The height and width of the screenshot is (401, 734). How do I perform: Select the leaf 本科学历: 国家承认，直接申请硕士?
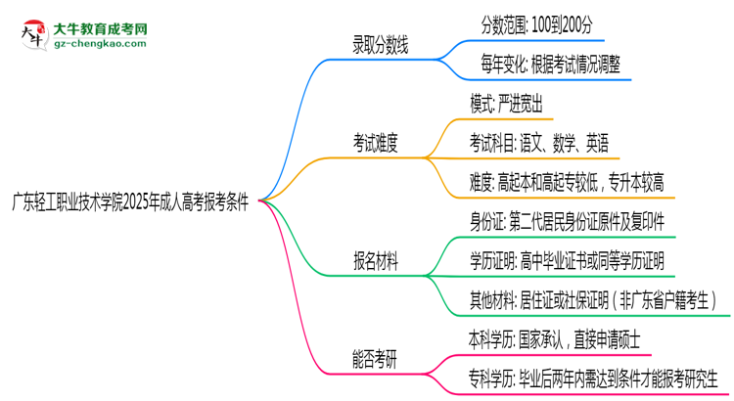coord(556,339)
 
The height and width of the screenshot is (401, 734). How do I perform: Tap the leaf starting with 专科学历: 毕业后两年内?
coord(593,379)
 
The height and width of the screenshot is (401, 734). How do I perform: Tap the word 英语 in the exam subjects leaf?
coord(600,142)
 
